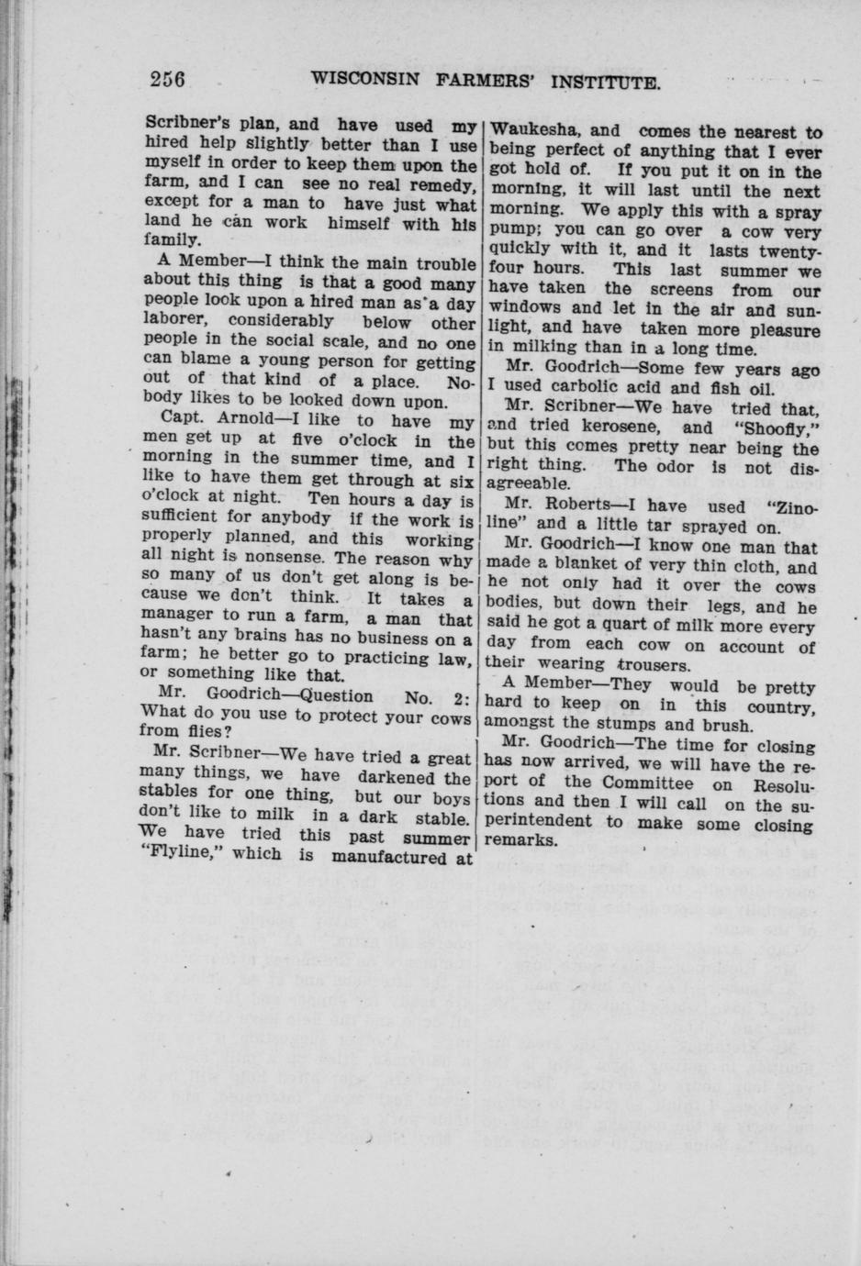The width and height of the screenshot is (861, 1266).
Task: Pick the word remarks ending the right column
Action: tap(521, 841)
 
